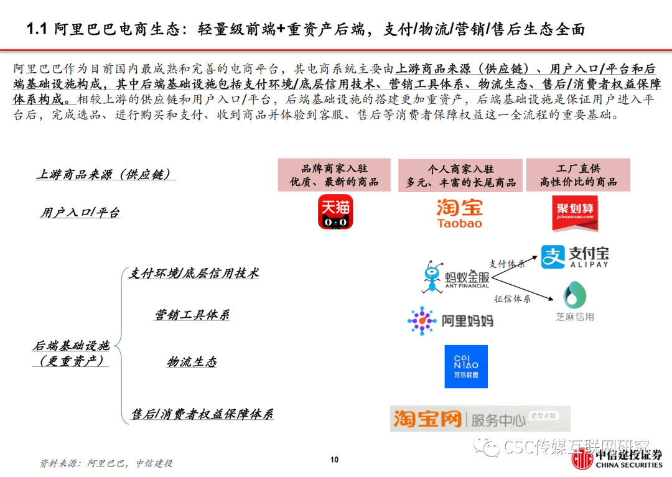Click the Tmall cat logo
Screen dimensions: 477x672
coord(335,212)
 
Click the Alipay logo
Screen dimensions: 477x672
coord(574,256)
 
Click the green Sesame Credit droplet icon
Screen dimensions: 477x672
coord(575,295)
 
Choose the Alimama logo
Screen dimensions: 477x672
coord(450,321)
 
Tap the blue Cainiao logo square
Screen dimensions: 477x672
coord(466,366)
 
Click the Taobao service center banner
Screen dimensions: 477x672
coord(480,419)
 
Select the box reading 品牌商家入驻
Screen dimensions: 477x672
coord(334,175)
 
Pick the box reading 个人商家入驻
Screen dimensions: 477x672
coord(460,175)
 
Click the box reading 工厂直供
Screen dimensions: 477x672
coord(578,175)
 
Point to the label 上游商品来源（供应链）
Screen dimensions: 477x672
coord(105,175)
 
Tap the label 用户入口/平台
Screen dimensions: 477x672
coord(80,213)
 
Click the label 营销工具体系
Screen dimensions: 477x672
coord(192,315)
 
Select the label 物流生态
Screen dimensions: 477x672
coord(192,362)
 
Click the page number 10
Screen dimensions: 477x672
coord(334,460)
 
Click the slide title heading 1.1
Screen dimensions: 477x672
coord(305,29)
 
